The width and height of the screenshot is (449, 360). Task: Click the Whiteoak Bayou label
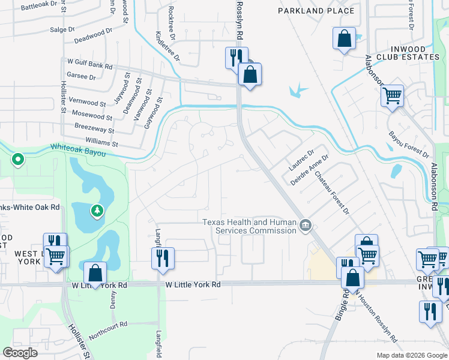click(78, 150)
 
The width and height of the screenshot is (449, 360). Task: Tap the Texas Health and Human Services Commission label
click(249, 226)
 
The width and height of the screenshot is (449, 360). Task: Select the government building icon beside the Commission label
click(306, 226)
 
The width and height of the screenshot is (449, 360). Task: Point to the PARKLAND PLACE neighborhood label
click(316, 11)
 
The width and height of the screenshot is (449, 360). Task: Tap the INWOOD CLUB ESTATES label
click(408, 53)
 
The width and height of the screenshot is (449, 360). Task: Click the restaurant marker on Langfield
click(163, 257)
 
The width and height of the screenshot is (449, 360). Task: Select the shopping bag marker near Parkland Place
click(345, 39)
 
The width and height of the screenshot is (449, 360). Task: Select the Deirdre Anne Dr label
click(310, 170)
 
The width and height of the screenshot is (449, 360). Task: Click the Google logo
click(20, 353)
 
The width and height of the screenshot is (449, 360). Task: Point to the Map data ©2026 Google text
click(411, 355)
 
